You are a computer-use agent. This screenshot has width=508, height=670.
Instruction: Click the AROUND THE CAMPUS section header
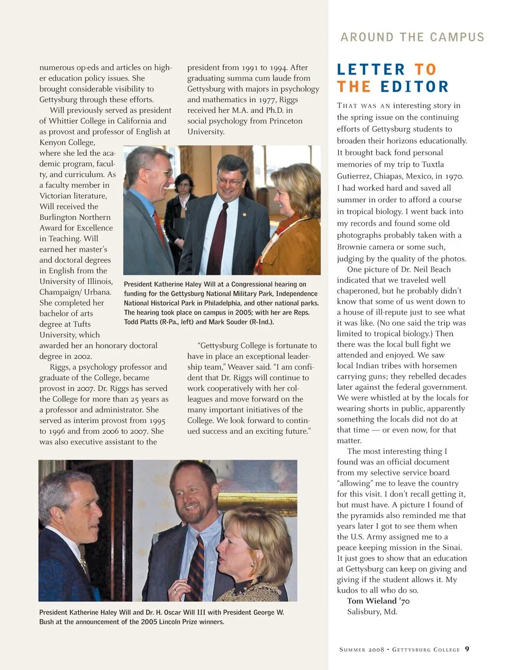[x=412, y=37]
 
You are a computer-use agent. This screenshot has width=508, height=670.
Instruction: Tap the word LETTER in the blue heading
[x=371, y=70]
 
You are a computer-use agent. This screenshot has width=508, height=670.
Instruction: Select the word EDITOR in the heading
[x=414, y=87]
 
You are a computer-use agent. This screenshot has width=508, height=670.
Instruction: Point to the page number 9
[x=467, y=649]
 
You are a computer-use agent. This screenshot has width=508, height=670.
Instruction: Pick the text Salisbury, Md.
[x=372, y=612]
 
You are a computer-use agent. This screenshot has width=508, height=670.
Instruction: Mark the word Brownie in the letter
[x=352, y=247]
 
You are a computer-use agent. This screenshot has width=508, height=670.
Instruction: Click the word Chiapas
[x=353, y=176]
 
